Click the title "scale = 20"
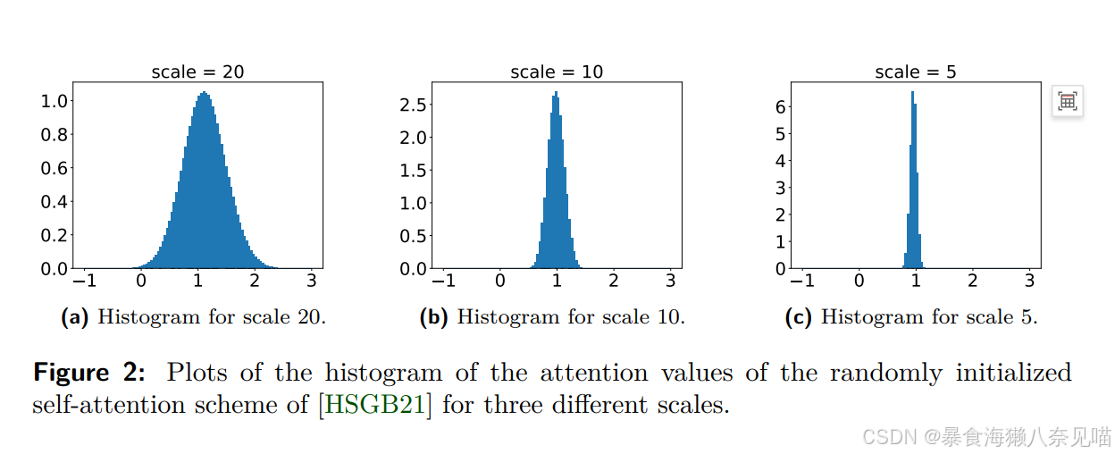coord(197,71)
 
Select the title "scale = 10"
coord(557,71)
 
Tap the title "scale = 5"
coord(915,71)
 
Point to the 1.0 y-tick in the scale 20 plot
coord(54,101)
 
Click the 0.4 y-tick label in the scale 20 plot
coord(54,202)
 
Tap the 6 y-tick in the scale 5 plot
coord(779,106)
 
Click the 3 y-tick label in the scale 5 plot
coord(779,188)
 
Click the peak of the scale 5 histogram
coord(912,93)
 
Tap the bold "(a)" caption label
coord(74,317)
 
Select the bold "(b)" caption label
coord(433,317)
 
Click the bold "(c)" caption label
coord(798,317)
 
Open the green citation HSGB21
coord(374,405)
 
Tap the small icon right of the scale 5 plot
coord(1067,102)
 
